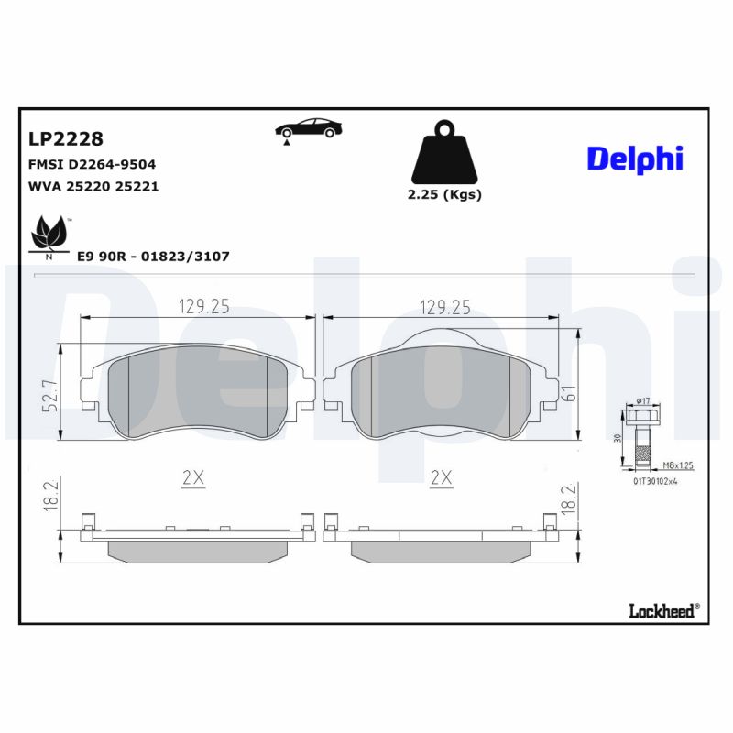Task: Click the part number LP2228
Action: [x=66, y=139]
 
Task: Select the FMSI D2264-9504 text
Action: [x=93, y=164]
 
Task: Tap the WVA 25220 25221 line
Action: [x=94, y=185]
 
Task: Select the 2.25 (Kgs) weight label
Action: [x=444, y=194]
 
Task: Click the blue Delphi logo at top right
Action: [x=635, y=158]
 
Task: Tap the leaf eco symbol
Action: [x=49, y=235]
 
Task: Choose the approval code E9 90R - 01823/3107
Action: [x=153, y=257]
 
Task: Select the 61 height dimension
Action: [x=568, y=394]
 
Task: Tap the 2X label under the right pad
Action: [x=442, y=476]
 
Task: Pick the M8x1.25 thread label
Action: [x=677, y=465]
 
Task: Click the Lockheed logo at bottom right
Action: [x=663, y=610]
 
